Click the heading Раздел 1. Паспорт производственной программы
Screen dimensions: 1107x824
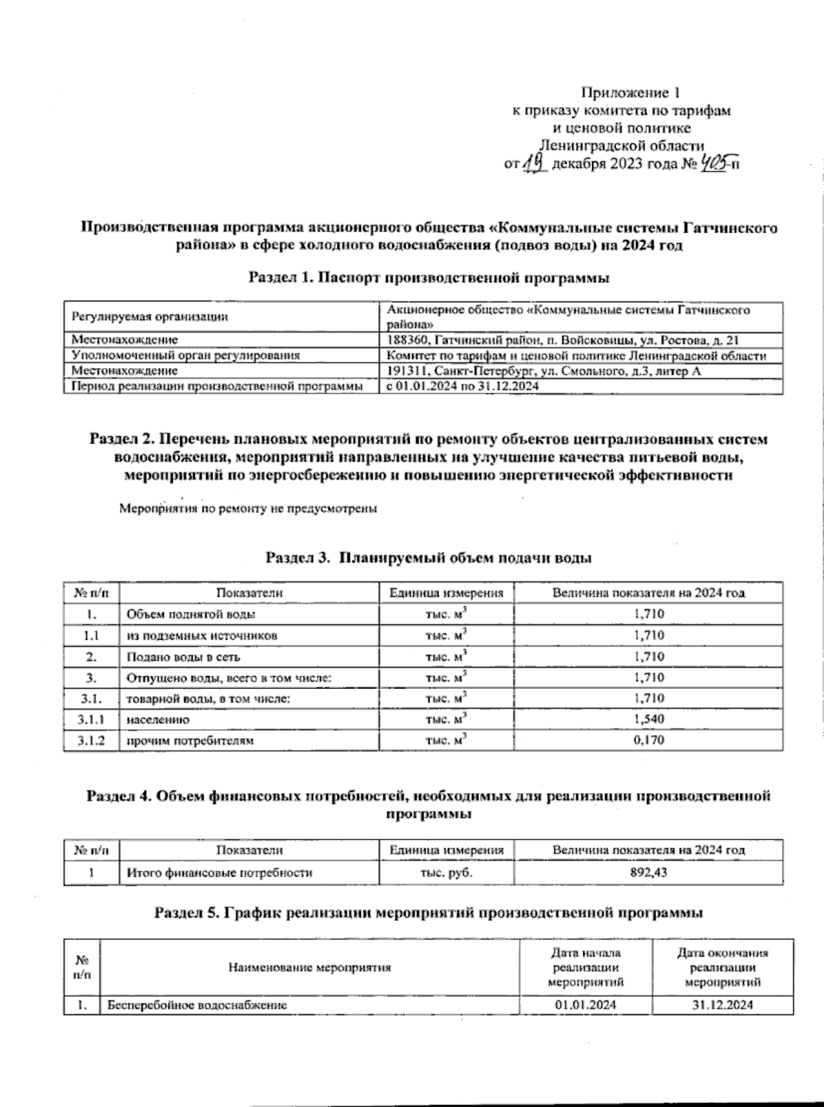pos(429,278)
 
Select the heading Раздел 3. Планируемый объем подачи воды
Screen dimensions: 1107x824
pos(429,558)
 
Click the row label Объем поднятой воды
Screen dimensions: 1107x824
pos(191,615)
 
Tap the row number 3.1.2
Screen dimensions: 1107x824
pos(91,741)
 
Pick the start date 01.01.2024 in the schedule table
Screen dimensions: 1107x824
pos(585,1005)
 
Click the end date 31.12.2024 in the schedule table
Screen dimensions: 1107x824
pos(723,1005)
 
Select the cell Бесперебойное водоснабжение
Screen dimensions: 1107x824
pos(197,1005)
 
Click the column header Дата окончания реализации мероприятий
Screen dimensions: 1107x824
pos(723,967)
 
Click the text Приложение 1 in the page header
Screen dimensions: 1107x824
pos(630,92)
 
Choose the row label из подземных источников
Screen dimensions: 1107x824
pos(202,636)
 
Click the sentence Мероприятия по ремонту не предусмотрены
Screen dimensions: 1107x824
pos(248,510)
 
